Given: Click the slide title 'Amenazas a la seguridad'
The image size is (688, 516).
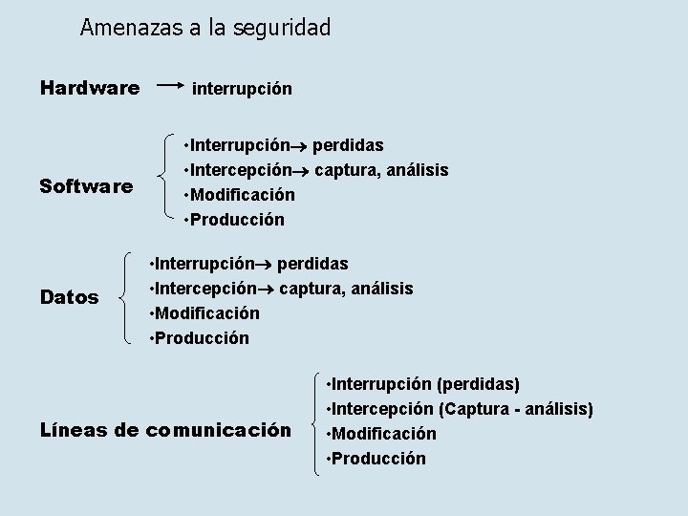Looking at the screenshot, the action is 205,28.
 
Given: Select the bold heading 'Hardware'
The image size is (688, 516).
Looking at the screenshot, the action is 90,88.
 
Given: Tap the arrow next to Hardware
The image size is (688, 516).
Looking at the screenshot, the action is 169,85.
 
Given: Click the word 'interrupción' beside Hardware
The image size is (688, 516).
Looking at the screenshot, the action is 243,89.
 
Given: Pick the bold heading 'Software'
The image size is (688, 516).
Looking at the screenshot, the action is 86,186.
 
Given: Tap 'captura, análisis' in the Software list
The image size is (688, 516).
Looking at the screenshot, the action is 381,170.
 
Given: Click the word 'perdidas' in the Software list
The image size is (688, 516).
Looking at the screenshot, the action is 349,145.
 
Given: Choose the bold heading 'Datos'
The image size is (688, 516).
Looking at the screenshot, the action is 70,298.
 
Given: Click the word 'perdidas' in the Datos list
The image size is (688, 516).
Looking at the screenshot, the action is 313,263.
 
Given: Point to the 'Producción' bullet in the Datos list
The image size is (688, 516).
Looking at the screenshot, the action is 201,337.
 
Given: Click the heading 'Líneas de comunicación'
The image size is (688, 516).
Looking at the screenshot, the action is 165,430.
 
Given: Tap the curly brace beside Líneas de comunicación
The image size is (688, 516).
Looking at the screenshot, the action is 314,421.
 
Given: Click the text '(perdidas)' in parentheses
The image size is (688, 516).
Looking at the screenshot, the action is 478,384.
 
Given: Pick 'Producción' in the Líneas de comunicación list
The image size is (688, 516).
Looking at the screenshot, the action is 377,459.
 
